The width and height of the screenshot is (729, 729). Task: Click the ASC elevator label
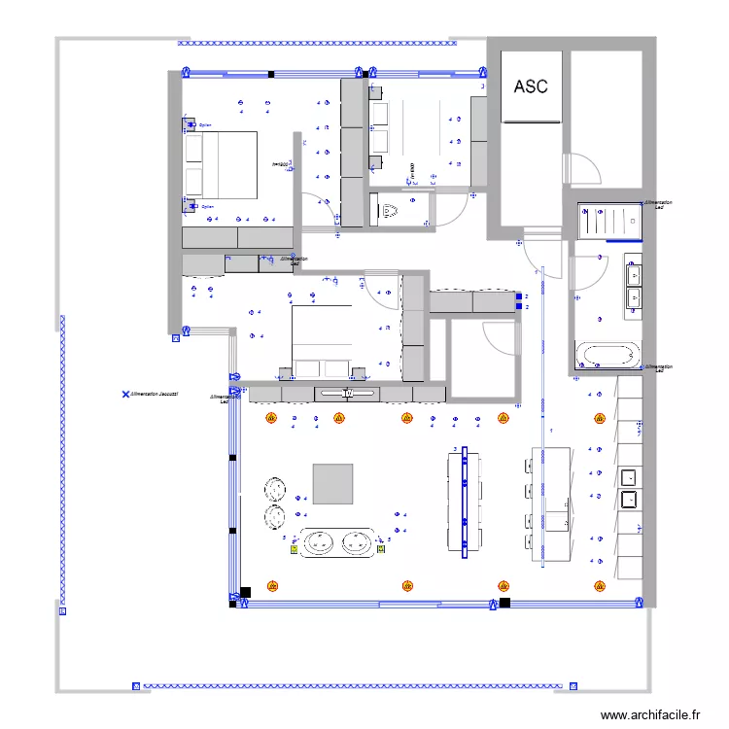(530, 87)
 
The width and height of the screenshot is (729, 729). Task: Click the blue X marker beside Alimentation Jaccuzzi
(125, 395)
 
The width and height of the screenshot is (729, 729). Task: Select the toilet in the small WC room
(391, 209)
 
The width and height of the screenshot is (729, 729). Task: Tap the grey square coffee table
(333, 483)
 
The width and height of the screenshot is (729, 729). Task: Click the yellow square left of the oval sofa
(294, 548)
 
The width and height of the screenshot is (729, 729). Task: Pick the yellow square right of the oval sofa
(380, 547)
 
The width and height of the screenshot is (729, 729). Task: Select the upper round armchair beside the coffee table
(274, 488)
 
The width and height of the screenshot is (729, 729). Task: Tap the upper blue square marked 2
(518, 296)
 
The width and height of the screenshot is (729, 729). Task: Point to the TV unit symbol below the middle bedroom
(347, 394)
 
